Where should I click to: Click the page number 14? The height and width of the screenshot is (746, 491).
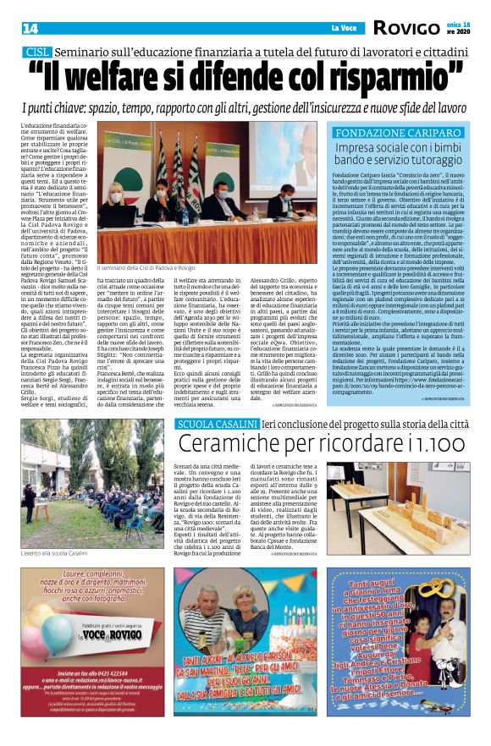tap(30, 29)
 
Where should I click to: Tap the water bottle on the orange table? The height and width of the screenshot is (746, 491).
tap(185, 217)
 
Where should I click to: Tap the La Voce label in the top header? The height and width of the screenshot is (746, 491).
tap(345, 29)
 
